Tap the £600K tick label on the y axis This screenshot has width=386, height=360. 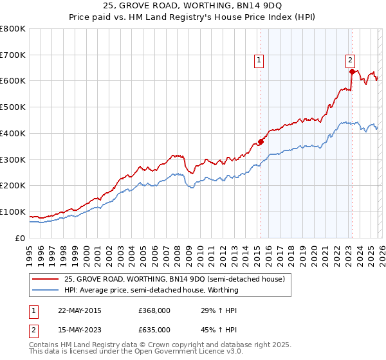click(12, 81)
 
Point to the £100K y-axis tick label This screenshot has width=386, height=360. click(12, 212)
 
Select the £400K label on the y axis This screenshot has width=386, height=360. click(12, 133)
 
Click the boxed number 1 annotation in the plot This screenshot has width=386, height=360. click(259, 61)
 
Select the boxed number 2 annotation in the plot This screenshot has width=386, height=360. click(350, 61)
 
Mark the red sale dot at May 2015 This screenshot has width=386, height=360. click(261, 141)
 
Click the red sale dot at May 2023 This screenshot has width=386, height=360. click(353, 72)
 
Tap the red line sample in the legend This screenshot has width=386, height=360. click(46, 279)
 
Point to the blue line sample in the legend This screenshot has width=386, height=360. click(46, 290)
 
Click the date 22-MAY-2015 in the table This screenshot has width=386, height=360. click(80, 310)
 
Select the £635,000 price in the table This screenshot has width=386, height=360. click(154, 329)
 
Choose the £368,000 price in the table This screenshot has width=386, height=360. click(154, 310)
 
